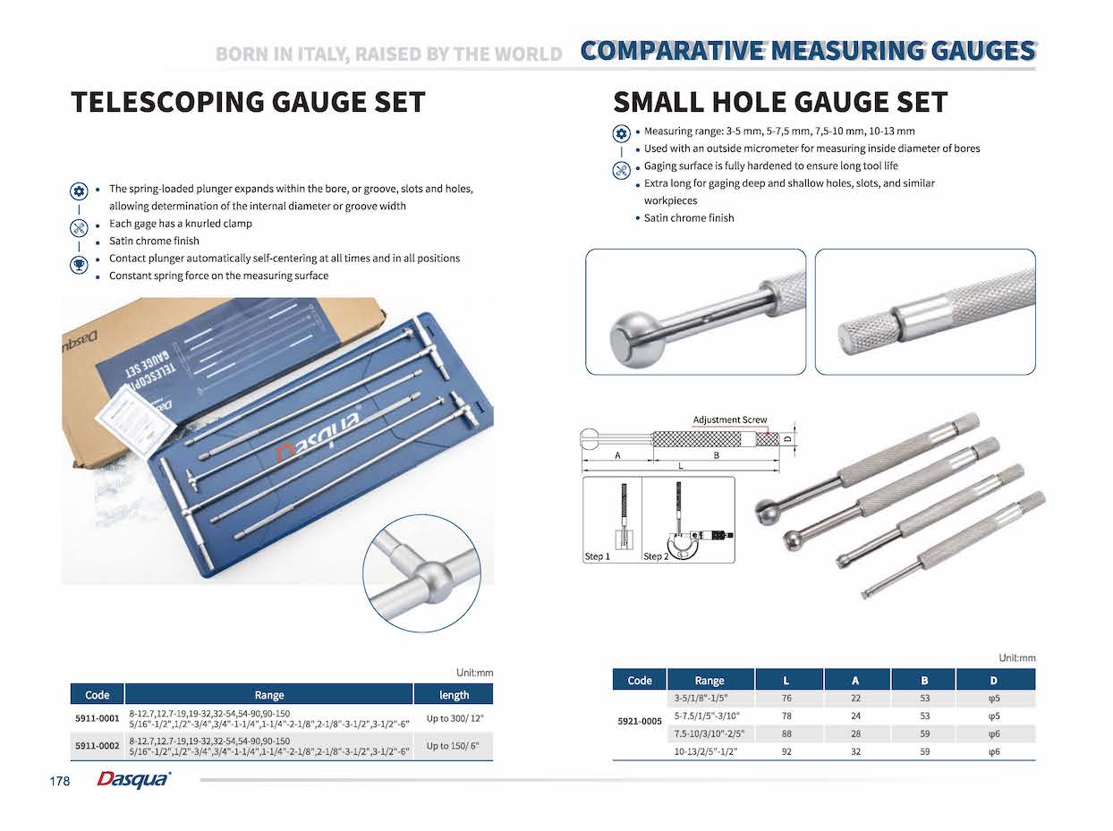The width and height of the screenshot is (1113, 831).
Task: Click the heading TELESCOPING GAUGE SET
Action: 248,102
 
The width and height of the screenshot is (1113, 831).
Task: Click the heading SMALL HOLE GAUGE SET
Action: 779,102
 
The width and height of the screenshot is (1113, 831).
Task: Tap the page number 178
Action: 60,781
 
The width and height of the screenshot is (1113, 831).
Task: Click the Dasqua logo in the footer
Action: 132,780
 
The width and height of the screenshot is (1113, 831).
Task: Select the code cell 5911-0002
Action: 97,746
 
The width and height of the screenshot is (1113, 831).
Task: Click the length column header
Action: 454,695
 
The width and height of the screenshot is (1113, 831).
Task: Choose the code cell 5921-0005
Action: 640,721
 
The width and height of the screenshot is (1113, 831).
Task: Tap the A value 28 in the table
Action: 856,733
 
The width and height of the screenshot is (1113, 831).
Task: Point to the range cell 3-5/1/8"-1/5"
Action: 709,698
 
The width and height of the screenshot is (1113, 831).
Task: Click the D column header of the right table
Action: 993,681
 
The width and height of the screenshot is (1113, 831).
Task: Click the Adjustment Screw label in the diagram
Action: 729,420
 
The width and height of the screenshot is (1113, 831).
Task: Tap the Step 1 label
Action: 597,556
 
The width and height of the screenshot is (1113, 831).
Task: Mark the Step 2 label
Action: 655,556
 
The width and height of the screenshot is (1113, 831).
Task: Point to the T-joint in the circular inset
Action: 430,569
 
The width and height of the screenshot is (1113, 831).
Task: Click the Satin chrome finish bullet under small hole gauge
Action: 688,217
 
